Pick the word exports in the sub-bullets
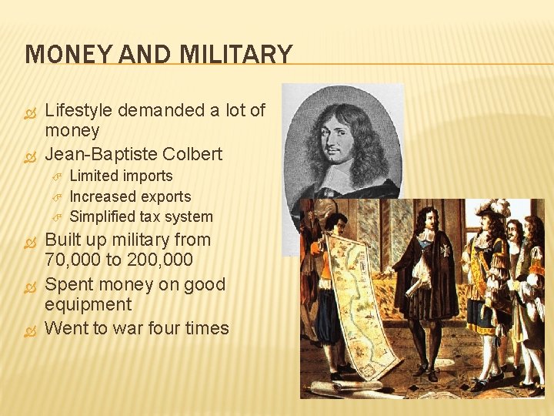[x=162, y=196]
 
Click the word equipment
[x=88, y=304]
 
